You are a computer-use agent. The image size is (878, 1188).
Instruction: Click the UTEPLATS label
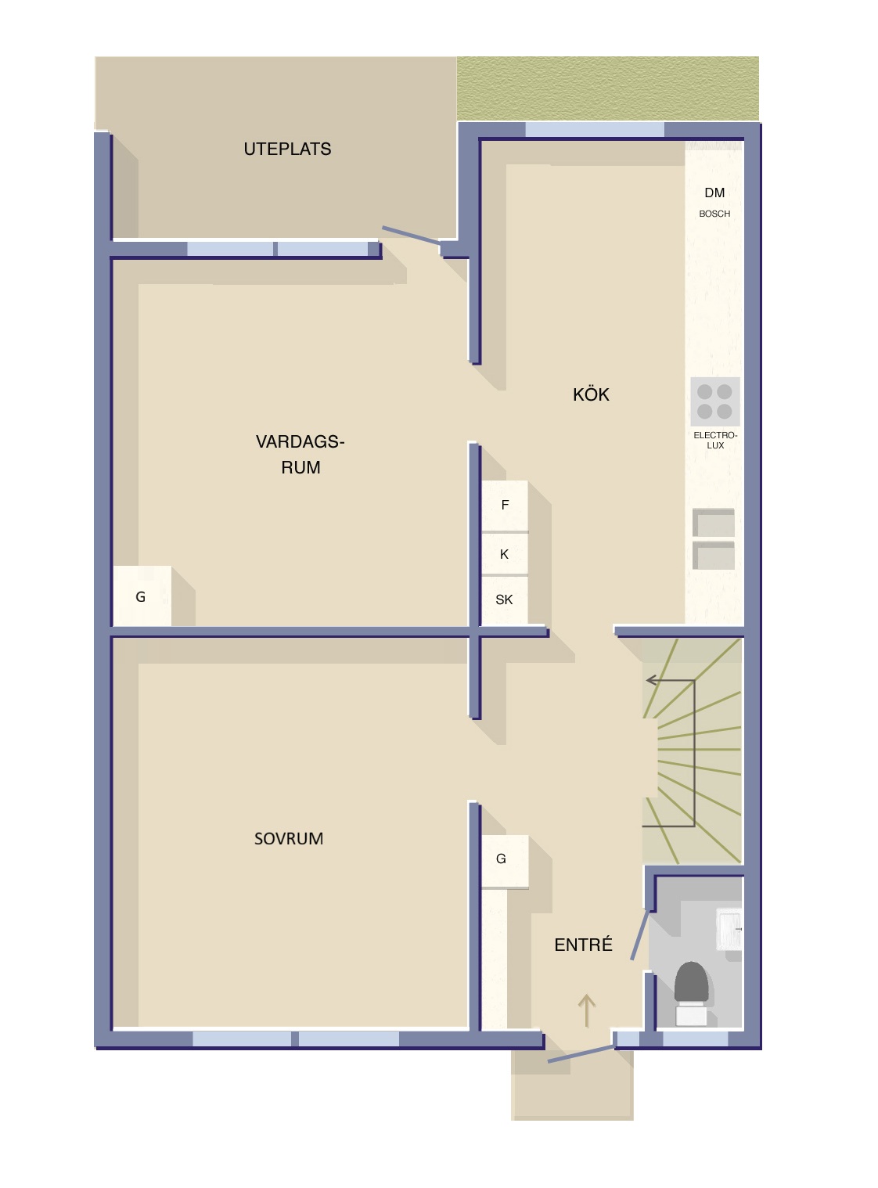point(287,149)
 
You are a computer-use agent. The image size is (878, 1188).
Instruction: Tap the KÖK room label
point(591,394)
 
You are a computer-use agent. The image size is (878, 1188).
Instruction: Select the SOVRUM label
point(288,839)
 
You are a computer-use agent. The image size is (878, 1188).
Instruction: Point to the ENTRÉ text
point(583,945)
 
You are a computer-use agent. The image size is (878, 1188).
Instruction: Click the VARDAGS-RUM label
point(300,454)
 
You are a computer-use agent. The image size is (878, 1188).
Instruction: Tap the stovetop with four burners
point(714,401)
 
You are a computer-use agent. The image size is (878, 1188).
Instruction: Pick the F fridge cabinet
point(505,506)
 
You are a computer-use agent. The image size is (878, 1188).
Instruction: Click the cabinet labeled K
point(505,554)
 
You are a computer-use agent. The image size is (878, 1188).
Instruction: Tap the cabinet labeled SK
point(505,600)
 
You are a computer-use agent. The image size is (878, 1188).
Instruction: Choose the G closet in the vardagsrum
point(142,596)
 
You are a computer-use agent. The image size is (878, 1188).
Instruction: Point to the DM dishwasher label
point(714,193)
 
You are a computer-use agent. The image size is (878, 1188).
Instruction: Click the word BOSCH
point(714,214)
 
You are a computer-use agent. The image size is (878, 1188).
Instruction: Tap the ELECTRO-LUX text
point(715,441)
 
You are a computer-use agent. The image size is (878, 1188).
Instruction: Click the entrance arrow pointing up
point(587,1010)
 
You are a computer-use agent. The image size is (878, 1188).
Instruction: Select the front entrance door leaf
point(581,1053)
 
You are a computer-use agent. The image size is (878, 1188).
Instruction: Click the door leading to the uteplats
point(412,236)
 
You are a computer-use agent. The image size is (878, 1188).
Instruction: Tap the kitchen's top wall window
point(595,130)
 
